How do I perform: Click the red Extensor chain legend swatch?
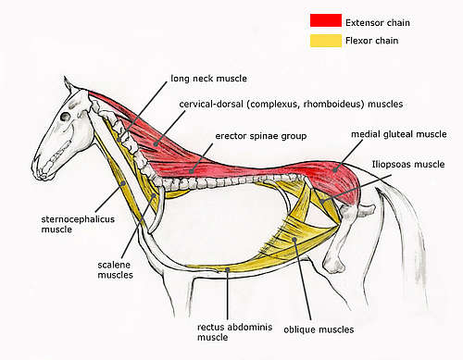point(326,19)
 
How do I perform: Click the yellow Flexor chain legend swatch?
point(326,40)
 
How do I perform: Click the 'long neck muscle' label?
point(209,78)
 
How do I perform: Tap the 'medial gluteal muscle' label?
point(397,134)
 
